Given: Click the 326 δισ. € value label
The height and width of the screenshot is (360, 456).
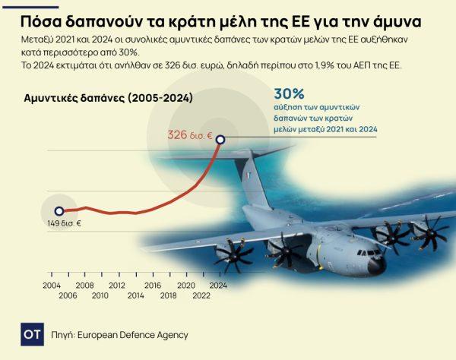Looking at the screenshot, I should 189,135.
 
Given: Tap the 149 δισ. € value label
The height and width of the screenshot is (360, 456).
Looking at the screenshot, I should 62,223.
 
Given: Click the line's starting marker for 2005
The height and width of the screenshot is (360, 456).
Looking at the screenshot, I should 59,211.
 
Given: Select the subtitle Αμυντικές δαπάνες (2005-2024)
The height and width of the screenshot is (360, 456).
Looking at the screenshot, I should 109,99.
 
